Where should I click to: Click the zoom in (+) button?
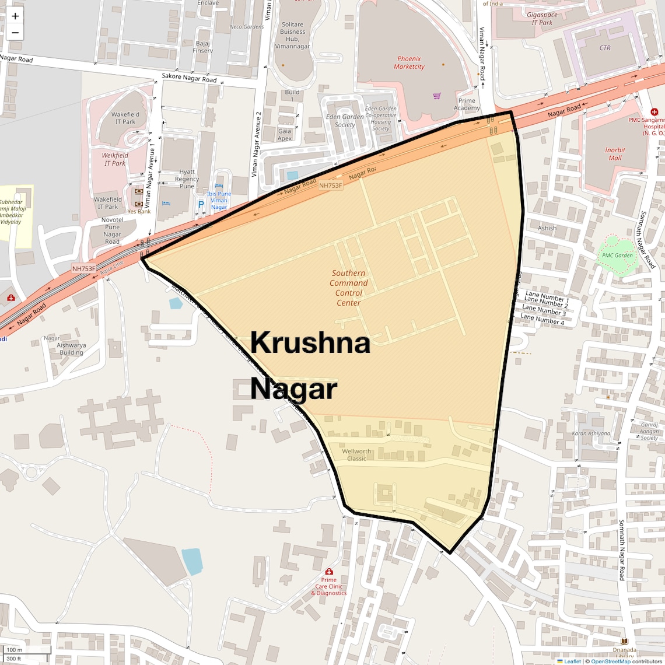click(15, 16)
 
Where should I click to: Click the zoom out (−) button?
click(15, 33)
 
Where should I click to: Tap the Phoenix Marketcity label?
click(409, 62)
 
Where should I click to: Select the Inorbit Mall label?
click(615, 154)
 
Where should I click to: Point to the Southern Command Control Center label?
click(349, 288)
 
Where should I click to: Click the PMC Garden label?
click(617, 255)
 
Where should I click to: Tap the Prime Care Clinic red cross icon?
click(329, 572)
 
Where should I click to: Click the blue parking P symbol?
click(201, 204)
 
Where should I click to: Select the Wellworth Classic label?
click(356, 455)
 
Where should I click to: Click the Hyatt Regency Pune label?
click(187, 179)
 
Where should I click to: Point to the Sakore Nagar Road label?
click(189, 78)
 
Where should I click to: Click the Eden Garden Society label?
click(345, 120)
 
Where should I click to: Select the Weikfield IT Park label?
click(115, 159)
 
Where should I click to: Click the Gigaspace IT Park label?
click(542, 19)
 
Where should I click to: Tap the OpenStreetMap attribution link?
click(611, 661)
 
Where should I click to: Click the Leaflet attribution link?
click(572, 661)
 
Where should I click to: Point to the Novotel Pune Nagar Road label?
click(113, 230)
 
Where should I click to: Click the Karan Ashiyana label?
click(591, 433)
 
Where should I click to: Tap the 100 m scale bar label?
click(15, 649)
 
